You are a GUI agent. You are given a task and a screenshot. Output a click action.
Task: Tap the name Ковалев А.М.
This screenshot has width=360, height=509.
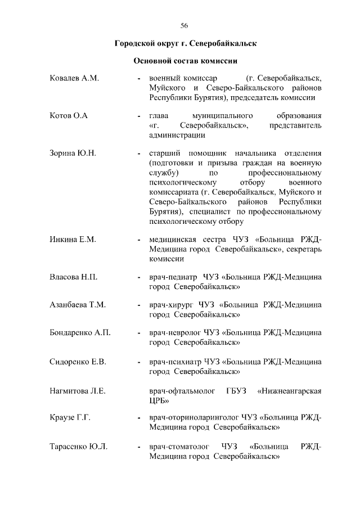74,78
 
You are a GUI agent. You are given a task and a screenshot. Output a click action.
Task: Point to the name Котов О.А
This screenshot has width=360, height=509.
69,116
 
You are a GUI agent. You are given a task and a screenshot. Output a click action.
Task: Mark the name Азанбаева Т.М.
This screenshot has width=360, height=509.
78,305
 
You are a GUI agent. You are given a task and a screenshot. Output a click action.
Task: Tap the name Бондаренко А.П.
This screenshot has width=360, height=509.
80,332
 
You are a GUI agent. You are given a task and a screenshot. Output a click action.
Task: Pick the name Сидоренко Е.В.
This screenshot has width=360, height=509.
78,361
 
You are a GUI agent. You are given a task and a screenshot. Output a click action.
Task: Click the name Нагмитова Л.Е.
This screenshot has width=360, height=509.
78,390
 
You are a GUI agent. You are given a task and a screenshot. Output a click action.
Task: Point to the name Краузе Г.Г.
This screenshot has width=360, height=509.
70,418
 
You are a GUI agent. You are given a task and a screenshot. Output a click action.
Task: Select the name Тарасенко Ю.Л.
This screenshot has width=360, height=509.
79,447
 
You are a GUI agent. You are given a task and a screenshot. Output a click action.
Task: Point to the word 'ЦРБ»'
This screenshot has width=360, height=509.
158,400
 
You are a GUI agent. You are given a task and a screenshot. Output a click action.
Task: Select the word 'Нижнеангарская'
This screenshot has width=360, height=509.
289,390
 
